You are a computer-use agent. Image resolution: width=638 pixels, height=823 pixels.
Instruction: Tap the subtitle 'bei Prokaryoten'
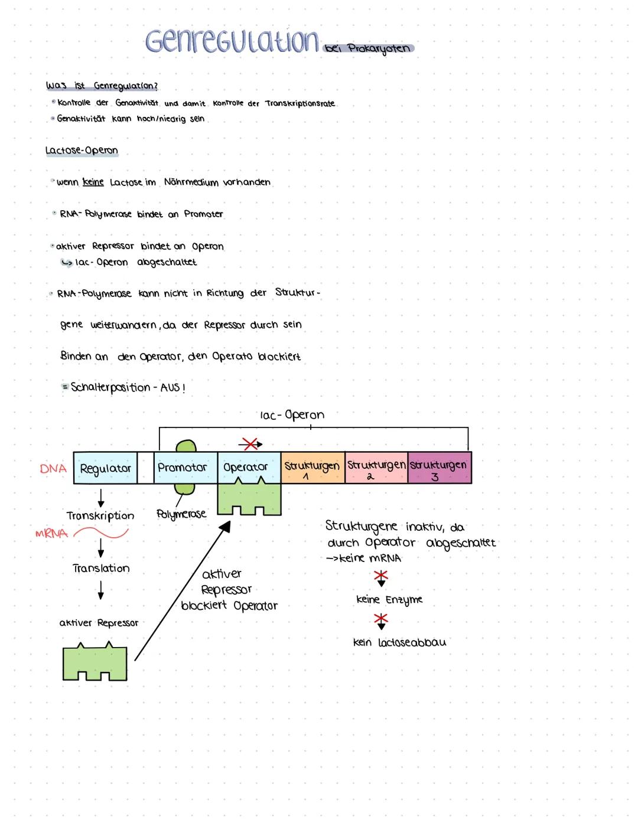(369, 48)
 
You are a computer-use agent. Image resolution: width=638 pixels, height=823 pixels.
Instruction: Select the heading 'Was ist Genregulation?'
(102, 86)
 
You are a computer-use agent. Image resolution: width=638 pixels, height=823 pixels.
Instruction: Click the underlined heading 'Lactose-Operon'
(82, 151)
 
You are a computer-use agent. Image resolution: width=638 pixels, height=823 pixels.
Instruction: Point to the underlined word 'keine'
(93, 182)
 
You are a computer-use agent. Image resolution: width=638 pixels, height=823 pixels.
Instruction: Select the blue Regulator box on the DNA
(105, 468)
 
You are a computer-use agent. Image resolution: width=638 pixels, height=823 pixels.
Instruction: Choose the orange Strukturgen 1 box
(313, 468)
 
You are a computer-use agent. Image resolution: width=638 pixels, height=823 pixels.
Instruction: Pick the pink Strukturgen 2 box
(376, 468)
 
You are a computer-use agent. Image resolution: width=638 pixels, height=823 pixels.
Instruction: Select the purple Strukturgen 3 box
(440, 468)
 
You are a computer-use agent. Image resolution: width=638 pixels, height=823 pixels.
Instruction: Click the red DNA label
(53, 469)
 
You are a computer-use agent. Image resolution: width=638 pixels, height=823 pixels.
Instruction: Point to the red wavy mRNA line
(100, 534)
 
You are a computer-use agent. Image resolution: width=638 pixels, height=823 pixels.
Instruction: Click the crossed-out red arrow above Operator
(250, 443)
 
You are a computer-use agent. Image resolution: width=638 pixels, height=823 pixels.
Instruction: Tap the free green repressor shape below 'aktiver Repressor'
(95, 663)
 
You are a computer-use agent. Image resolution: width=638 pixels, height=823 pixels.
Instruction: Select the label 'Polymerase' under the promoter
(181, 514)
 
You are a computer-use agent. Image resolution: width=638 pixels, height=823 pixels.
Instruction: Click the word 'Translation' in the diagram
(101, 569)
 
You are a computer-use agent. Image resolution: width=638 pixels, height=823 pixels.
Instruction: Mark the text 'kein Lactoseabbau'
(399, 642)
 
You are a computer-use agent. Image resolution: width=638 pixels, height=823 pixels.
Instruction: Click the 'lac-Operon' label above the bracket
(292, 415)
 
